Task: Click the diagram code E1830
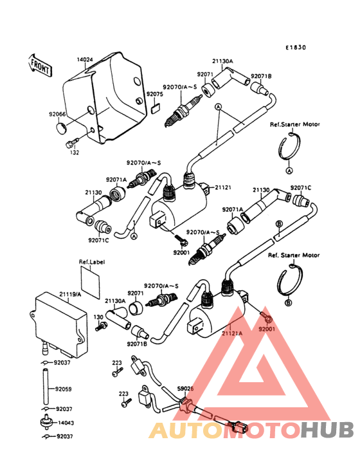coord(297,47)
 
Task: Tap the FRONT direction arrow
coord(40,65)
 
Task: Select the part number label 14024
coord(85,59)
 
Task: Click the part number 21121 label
coord(224,187)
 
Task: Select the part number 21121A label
coord(232,333)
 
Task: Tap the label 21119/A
coord(71,294)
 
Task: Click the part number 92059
coord(63,389)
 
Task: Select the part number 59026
coord(185,389)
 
